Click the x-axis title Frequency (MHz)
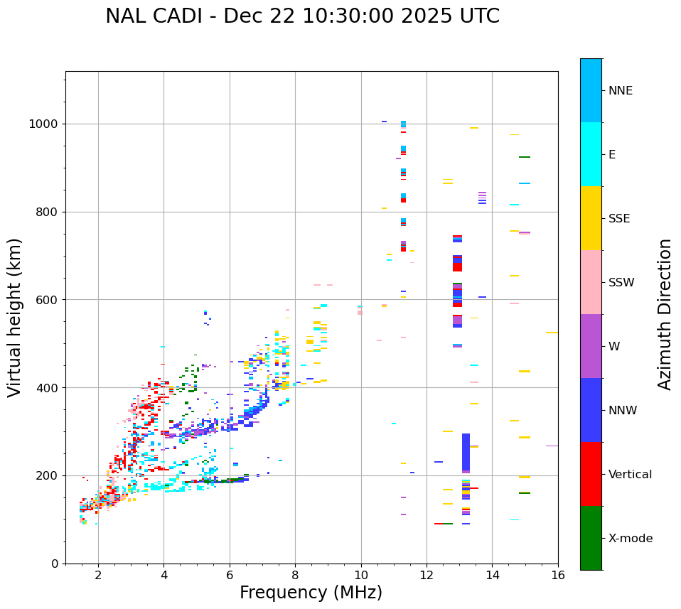[311, 593]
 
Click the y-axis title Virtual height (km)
[15, 318]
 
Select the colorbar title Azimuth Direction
[665, 314]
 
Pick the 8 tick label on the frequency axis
[295, 576]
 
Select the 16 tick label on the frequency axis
[558, 576]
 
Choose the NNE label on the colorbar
[620, 91]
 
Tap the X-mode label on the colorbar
[630, 539]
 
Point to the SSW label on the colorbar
[621, 283]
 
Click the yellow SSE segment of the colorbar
[591, 218]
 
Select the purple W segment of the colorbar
[591, 346]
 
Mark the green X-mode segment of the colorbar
[591, 538]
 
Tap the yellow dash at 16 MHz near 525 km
[552, 333]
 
